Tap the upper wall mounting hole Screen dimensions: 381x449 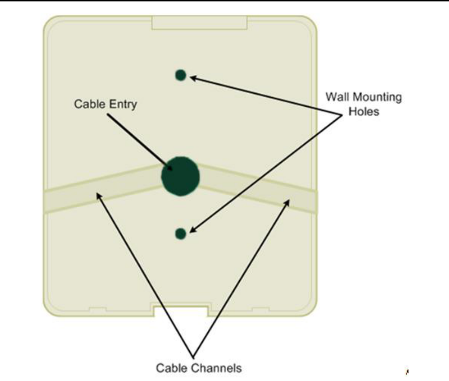[180, 75]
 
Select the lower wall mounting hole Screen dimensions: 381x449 [180, 233]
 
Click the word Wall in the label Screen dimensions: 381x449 [337, 97]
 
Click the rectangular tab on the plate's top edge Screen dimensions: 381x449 [199, 23]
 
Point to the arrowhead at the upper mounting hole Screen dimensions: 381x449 [192, 77]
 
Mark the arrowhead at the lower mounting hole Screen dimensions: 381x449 [192, 231]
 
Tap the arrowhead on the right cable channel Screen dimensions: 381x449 [287, 202]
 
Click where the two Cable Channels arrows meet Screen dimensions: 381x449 [193, 356]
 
